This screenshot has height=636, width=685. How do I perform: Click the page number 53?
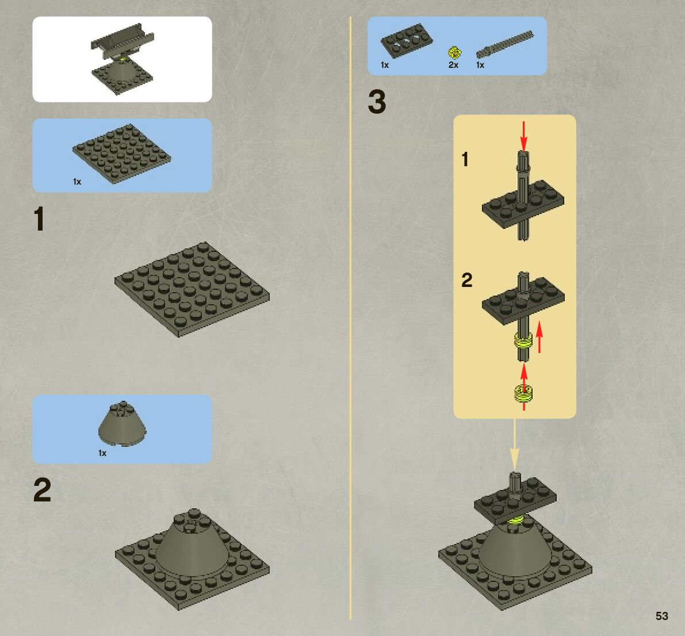[662, 616]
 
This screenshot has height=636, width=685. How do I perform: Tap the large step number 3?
[377, 102]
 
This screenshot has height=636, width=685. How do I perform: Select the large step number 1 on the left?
[39, 219]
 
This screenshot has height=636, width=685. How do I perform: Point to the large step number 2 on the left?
[42, 490]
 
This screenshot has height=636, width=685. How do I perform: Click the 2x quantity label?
[453, 65]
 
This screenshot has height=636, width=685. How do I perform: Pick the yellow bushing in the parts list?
[455, 53]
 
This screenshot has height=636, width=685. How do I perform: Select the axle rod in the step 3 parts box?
[504, 44]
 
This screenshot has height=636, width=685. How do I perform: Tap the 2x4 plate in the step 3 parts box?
[407, 41]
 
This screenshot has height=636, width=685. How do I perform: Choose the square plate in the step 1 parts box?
[122, 154]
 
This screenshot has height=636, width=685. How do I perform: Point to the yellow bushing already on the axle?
[523, 340]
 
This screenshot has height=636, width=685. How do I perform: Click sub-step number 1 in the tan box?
[465, 159]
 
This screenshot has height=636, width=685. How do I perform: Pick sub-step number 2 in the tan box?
[466, 281]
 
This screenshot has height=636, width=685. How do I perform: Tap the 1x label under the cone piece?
[102, 453]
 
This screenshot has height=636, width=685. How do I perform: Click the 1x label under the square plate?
[77, 182]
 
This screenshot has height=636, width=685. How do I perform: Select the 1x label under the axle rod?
[480, 65]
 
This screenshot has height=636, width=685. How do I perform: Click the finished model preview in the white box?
[123, 59]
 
